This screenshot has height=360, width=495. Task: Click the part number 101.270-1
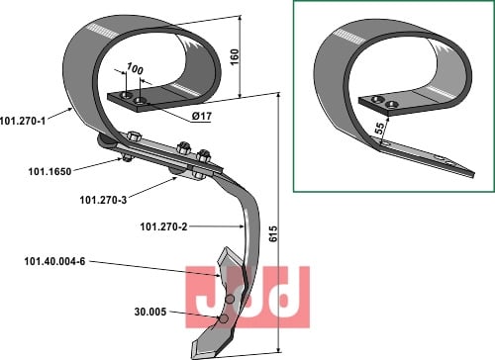click(x=23, y=121)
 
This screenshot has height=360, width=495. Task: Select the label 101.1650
click(x=49, y=171)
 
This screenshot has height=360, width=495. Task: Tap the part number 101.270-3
click(x=103, y=200)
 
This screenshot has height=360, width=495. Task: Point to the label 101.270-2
click(x=163, y=226)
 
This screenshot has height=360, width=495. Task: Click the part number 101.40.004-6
click(x=54, y=262)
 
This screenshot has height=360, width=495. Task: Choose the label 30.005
click(x=150, y=312)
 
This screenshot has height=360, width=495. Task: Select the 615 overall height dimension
click(x=273, y=234)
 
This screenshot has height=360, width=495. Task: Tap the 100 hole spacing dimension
click(x=135, y=69)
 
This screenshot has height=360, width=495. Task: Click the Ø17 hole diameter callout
click(x=202, y=116)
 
